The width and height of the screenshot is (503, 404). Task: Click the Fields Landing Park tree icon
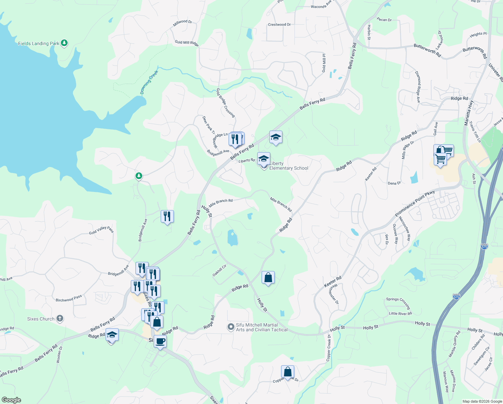tap(64, 43)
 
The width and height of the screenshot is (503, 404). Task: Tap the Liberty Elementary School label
tap(288, 166)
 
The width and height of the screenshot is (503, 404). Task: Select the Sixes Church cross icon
tap(60, 318)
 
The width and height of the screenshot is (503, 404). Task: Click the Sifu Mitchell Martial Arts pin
tap(231, 327)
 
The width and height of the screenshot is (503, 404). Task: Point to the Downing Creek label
tap(149, 82)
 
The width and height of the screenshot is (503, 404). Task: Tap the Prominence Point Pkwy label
tap(415, 203)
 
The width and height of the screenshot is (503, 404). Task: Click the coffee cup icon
tap(160, 341)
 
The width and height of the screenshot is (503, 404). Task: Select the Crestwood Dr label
tap(279, 25)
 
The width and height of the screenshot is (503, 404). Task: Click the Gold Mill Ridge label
tap(187, 43)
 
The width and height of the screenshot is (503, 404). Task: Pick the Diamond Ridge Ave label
tap(418, 87)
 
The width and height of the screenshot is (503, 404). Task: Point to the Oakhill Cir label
tap(220, 270)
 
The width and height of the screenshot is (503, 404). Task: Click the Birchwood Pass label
tap(69, 298)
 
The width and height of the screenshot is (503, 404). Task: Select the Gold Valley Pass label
tap(101, 230)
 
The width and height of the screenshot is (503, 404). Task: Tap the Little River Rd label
tap(400, 313)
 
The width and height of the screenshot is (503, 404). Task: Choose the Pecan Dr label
tap(384, 20)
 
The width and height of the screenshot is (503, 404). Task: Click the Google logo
tap(11, 400)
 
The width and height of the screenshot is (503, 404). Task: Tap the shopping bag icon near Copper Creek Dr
tap(287, 372)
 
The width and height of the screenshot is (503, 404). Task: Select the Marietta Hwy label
tap(469, 113)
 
